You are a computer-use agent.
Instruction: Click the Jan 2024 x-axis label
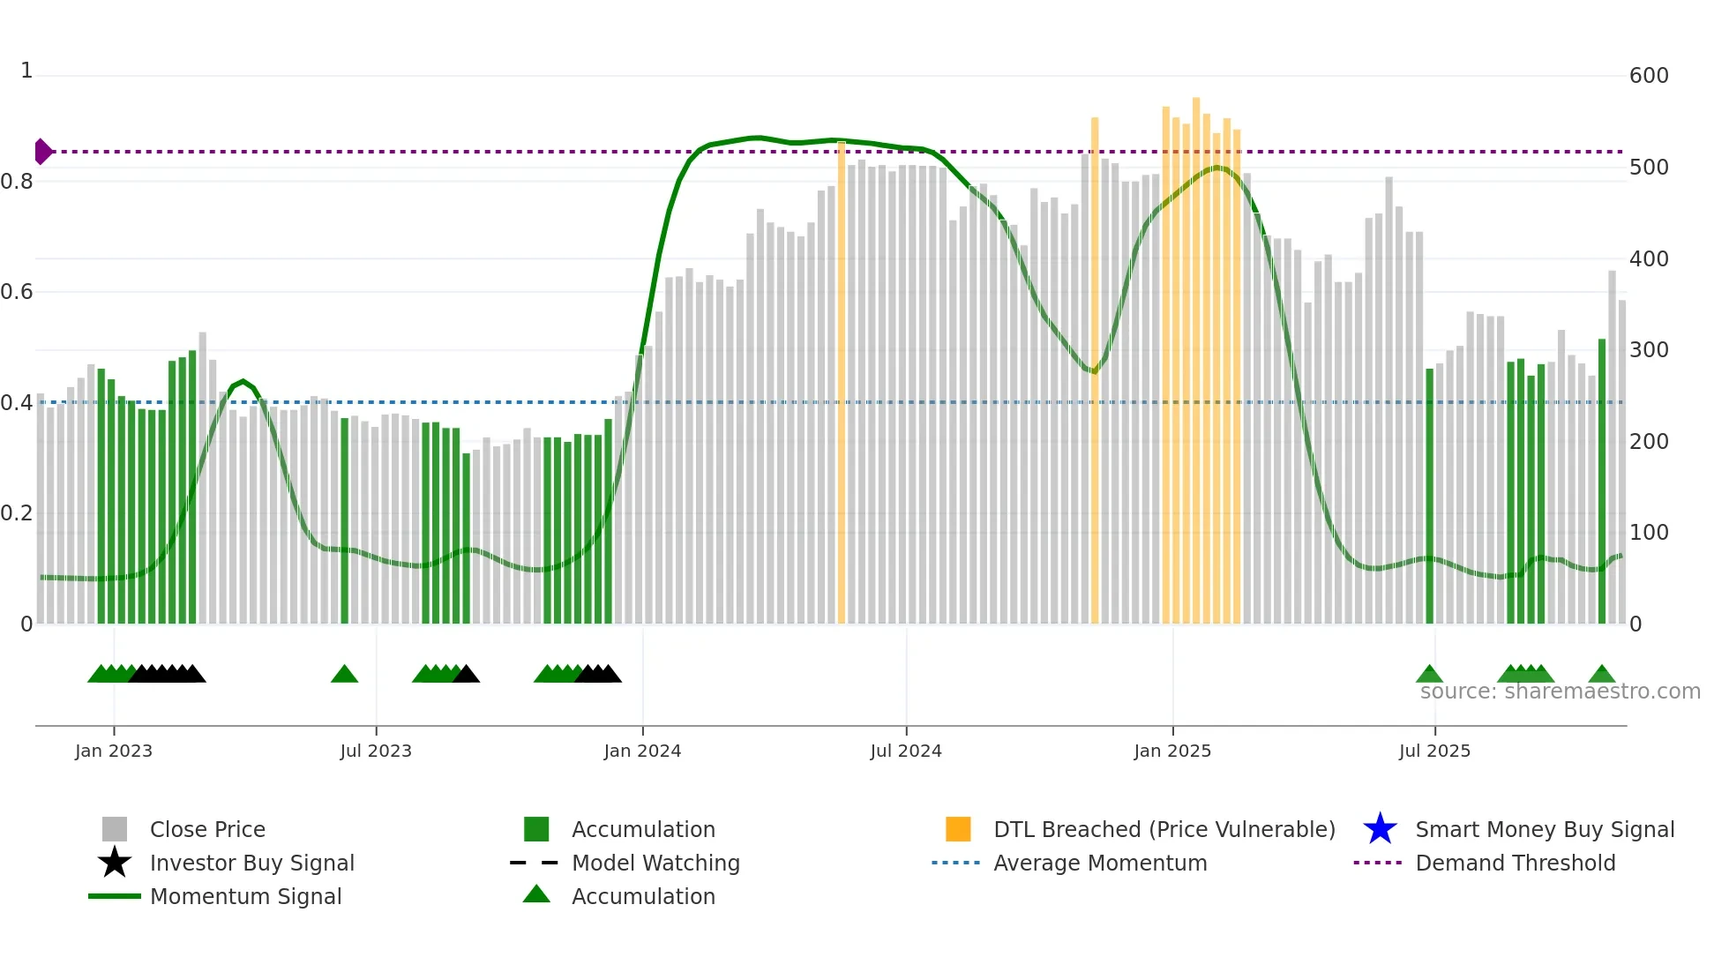tap(642, 751)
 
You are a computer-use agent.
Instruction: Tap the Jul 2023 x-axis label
tap(376, 751)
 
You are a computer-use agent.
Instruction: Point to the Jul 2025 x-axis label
tap(1434, 751)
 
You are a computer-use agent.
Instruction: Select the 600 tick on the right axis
tap(1649, 76)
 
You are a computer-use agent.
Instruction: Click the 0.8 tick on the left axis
tap(17, 182)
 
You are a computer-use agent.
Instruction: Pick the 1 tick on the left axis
tap(26, 71)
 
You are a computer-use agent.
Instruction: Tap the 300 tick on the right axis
tap(1649, 350)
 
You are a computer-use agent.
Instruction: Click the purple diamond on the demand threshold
tap(42, 152)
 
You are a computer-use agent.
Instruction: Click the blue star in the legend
tap(1380, 829)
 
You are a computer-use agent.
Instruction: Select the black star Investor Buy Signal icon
tap(115, 863)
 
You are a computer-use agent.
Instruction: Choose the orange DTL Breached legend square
tap(958, 829)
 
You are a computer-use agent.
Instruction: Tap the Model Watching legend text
tap(655, 863)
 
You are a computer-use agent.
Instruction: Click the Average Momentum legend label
tap(1100, 863)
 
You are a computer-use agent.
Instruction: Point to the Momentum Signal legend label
tap(245, 896)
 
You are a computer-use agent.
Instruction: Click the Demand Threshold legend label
tap(1515, 863)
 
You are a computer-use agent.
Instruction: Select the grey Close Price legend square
tap(115, 829)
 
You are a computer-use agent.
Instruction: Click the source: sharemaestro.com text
tap(1560, 692)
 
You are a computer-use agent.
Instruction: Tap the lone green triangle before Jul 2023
tap(344, 675)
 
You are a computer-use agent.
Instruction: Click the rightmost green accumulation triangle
tap(1601, 675)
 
